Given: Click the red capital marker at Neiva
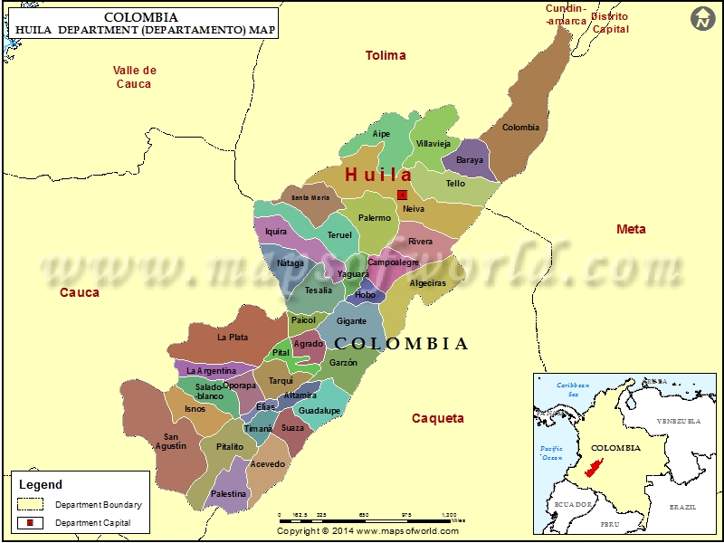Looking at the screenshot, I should pos(403,195).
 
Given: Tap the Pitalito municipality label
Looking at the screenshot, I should pos(230,447).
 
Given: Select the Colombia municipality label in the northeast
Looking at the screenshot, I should pos(520,128).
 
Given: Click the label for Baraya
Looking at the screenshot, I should pos(470,160).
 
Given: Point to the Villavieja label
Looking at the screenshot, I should pos(433,144).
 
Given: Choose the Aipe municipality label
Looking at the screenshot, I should pos(382,134).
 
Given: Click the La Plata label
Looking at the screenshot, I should pos(233,338).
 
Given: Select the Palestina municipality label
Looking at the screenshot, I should pos(228,494).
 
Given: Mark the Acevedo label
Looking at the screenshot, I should pos(267,464).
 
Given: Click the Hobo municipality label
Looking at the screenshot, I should pos(365,295).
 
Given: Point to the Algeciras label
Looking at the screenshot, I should pos(428,283).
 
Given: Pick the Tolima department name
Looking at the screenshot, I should pos(386,56).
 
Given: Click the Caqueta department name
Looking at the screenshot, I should pos(438,418).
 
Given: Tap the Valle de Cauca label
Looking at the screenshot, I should pos(135,77).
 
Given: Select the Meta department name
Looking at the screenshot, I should pos(631,229).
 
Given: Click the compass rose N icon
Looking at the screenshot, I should pos(702,18).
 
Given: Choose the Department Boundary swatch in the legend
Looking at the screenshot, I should pos(30,504).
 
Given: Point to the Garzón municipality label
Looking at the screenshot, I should pos(343,363).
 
